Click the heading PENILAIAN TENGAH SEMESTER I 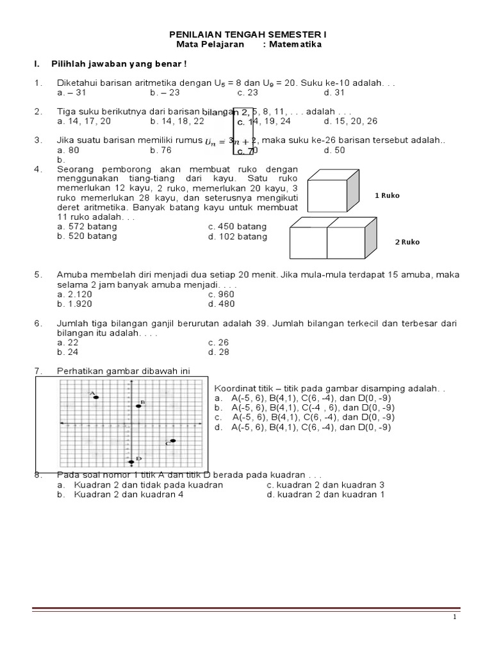point(245,35)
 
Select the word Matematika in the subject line point(295,45)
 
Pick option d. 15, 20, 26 point(350,120)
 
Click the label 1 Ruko point(387,196)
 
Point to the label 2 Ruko point(407,242)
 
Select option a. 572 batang point(87,227)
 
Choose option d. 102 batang point(238,236)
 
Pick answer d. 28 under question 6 point(218,352)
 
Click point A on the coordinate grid point(96,397)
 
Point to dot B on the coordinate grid point(138,406)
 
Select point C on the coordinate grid point(173,440)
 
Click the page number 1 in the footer point(454,617)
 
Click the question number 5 point(38,275)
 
